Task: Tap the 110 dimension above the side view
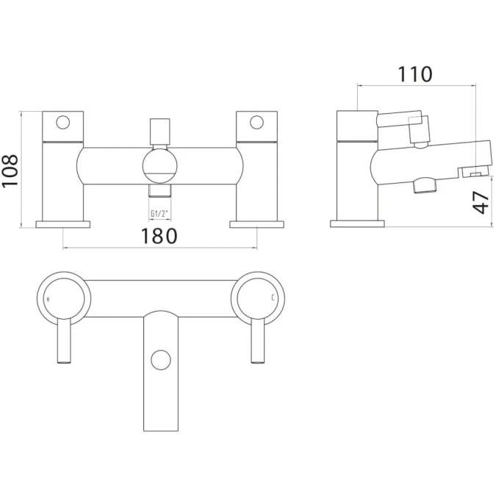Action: click(x=415, y=73)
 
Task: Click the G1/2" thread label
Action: click(x=159, y=214)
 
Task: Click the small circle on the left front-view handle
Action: click(x=63, y=121)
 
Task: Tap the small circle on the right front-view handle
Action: click(x=257, y=121)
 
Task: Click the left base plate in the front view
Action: click(x=63, y=223)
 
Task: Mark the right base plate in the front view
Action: click(x=257, y=223)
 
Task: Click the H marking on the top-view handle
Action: click(x=48, y=300)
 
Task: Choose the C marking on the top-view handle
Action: click(x=273, y=298)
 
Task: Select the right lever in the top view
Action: click(x=257, y=342)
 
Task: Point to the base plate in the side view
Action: click(x=356, y=223)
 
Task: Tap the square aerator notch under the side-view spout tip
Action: click(x=475, y=173)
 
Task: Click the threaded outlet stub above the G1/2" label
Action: click(x=159, y=192)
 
